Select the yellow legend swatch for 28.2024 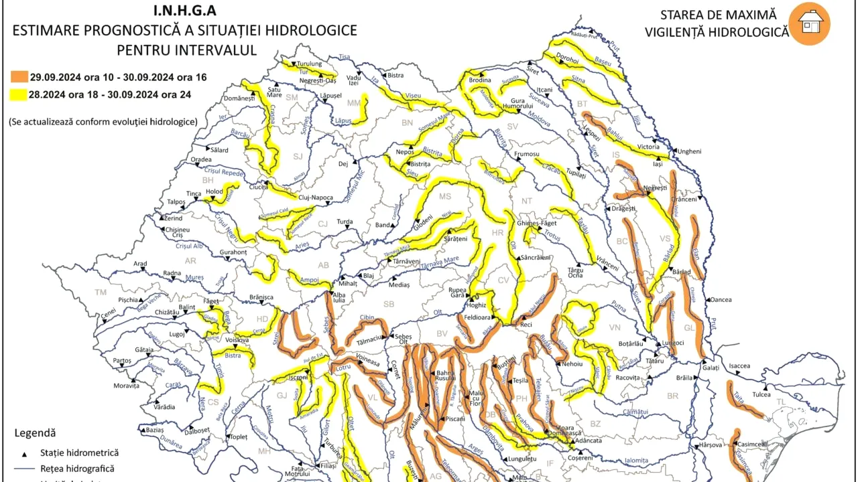(x=18, y=94)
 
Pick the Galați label (x=711, y=368)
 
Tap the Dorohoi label (x=567, y=59)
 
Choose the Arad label (x=140, y=264)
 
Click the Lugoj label (x=177, y=333)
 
